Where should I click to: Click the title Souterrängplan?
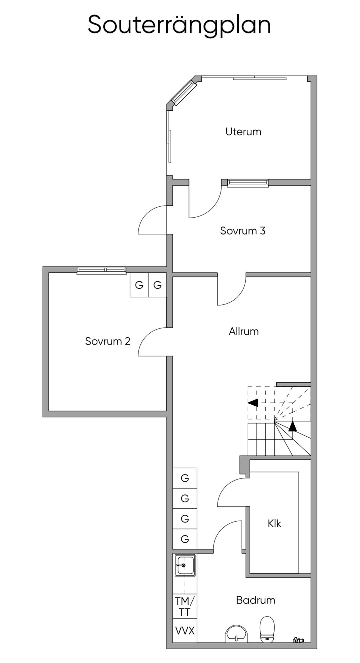[x=179, y=25]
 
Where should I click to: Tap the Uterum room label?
[x=243, y=132]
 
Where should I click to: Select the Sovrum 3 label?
[x=243, y=231]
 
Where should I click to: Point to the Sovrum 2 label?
[x=108, y=341]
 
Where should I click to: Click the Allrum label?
[x=244, y=331]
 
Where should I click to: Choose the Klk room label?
[x=274, y=523]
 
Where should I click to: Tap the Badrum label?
[x=256, y=600]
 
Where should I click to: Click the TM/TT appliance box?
[x=185, y=606]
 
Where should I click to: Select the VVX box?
[x=185, y=631]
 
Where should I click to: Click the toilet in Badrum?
[x=267, y=629]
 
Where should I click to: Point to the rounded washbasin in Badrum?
[x=236, y=634]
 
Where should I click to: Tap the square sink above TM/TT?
[x=185, y=566]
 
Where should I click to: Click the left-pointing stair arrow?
[x=253, y=403]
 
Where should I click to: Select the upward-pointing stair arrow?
[x=292, y=426]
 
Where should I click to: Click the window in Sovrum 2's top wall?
[x=101, y=270]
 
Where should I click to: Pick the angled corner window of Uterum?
[x=184, y=92]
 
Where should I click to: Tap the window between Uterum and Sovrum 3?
[x=247, y=182]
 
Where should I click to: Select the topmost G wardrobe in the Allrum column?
[x=185, y=478]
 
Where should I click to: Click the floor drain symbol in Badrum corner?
[x=298, y=640]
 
